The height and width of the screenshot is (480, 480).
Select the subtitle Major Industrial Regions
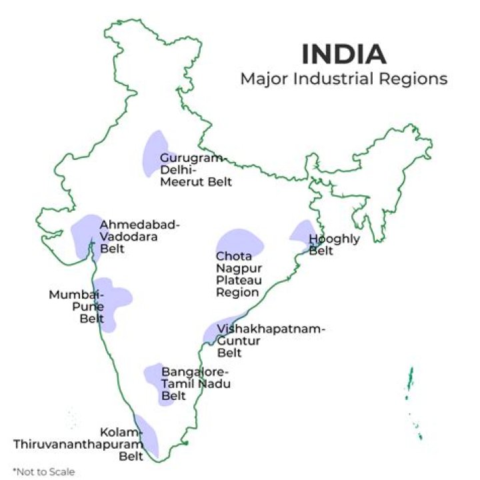click(x=343, y=79)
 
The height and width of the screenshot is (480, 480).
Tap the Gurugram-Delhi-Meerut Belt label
click(x=195, y=170)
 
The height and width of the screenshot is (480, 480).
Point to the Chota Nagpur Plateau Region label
click(x=237, y=274)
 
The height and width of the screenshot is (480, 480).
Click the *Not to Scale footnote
click(x=43, y=471)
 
